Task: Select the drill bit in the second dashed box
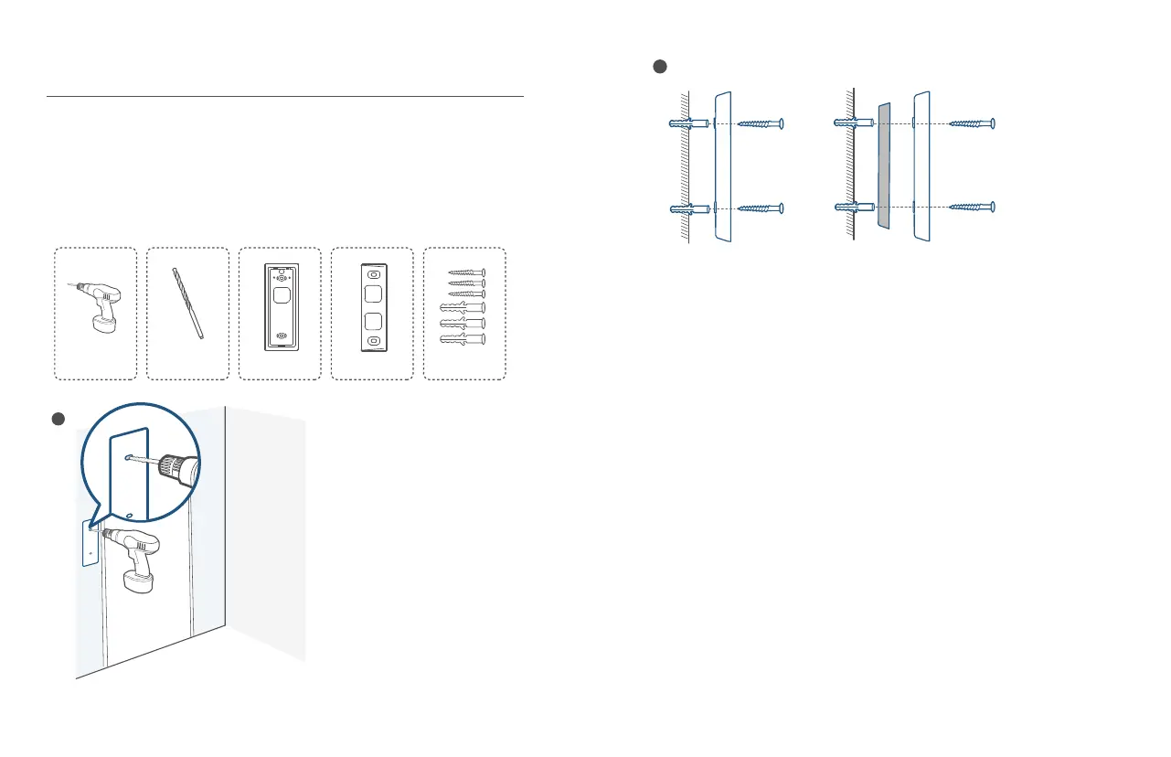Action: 187,304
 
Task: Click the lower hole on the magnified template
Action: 131,516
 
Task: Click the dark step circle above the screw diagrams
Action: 658,66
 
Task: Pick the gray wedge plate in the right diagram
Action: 883,165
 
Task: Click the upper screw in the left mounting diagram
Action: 761,123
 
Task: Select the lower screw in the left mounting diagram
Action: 761,209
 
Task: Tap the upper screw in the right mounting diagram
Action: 972,123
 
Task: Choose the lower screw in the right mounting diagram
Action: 972,208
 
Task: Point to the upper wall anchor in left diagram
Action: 687,123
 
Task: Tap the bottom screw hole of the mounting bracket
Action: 373,341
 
